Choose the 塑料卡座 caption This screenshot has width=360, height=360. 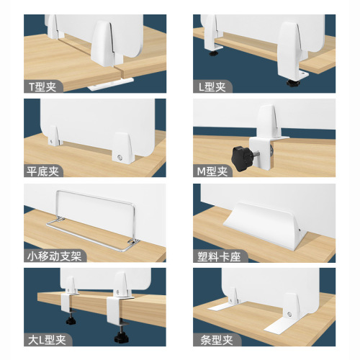[x=219, y=256]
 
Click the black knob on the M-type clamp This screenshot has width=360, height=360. [x=240, y=153]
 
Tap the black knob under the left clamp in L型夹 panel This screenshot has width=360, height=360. [x=214, y=53]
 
